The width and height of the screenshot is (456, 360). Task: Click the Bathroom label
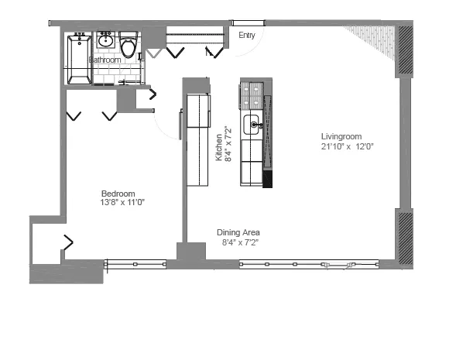105,60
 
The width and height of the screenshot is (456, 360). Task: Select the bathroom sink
106,41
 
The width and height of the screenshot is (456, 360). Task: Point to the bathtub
78,59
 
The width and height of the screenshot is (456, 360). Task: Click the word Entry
247,35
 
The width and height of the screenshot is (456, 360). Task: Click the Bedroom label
118,194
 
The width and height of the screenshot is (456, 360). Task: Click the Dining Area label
238,232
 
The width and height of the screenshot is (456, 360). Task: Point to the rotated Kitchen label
220,146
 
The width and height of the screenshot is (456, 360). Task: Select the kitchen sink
252,124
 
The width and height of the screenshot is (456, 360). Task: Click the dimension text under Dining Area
240,242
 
